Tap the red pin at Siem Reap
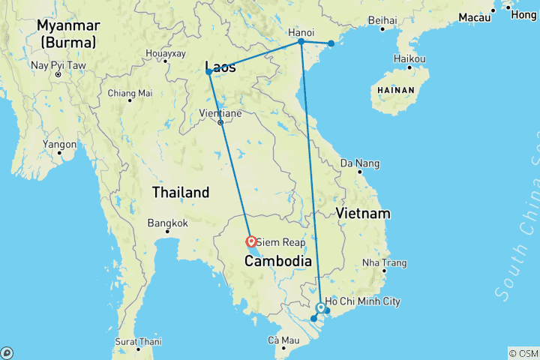(x=252, y=241)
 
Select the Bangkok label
(x=167, y=223)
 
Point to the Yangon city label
(x=60, y=144)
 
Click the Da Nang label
(x=360, y=163)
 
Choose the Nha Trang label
(x=384, y=263)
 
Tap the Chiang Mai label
(x=130, y=93)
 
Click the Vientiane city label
(x=220, y=113)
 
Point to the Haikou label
(x=409, y=59)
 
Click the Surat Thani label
(x=139, y=341)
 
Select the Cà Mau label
(x=283, y=341)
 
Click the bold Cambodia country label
(x=278, y=261)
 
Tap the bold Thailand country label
(x=181, y=193)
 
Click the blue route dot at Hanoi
(x=301, y=41)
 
